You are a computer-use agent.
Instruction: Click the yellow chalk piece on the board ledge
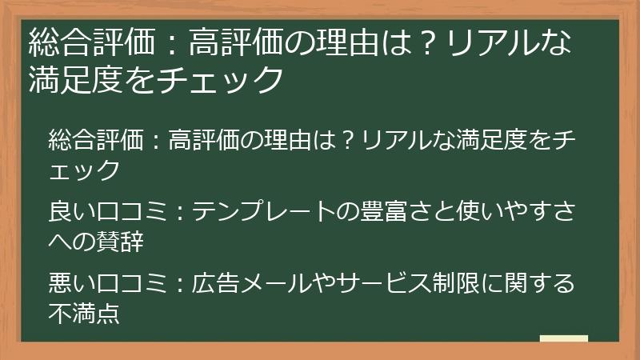coord(564,338)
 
